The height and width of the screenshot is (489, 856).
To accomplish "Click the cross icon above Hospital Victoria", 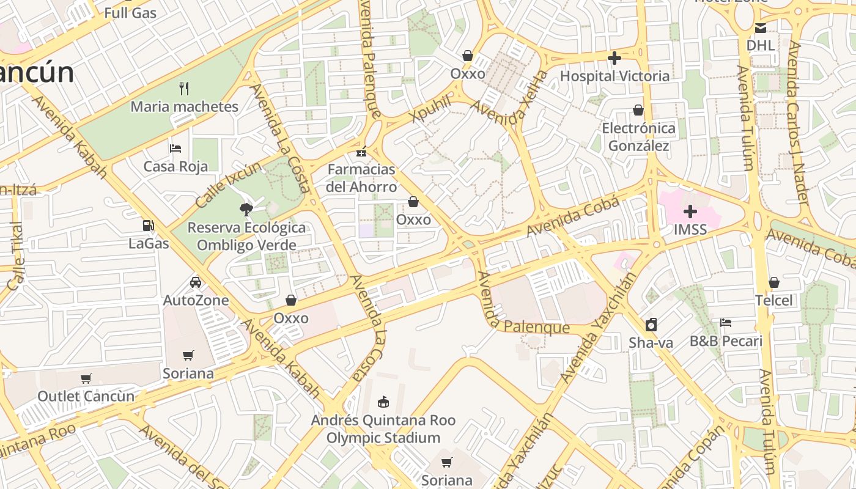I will tap(614, 58).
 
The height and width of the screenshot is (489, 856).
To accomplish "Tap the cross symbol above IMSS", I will tap(690, 211).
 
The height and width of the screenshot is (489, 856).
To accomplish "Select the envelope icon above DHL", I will tap(760, 28).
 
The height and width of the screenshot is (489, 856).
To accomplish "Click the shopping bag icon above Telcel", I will tap(774, 282).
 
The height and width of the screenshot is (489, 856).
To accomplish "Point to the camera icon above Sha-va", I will tap(651, 325).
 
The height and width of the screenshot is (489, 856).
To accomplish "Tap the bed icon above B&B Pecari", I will tap(726, 322).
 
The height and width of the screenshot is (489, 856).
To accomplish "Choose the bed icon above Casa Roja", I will tap(175, 148).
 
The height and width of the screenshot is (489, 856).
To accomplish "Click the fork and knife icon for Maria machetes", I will tap(184, 89).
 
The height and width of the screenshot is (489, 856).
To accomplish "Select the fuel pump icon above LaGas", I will tap(148, 226).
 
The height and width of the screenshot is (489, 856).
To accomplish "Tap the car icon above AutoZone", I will tap(196, 282).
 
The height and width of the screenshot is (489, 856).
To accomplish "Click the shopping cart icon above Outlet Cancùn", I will tap(86, 378).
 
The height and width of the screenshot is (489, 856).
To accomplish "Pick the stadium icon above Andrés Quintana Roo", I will tap(383, 402).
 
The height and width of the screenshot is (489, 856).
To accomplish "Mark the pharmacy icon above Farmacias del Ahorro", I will tap(361, 151).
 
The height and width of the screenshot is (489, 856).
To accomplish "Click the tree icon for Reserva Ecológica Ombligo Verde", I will tap(246, 210).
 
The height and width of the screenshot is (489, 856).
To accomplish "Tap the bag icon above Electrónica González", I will tap(638, 110).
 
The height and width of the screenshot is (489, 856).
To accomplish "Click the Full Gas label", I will tap(130, 12).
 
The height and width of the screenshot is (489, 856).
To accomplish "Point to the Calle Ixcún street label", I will tap(227, 182).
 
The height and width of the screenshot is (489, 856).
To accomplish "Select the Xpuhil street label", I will tap(432, 108).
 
